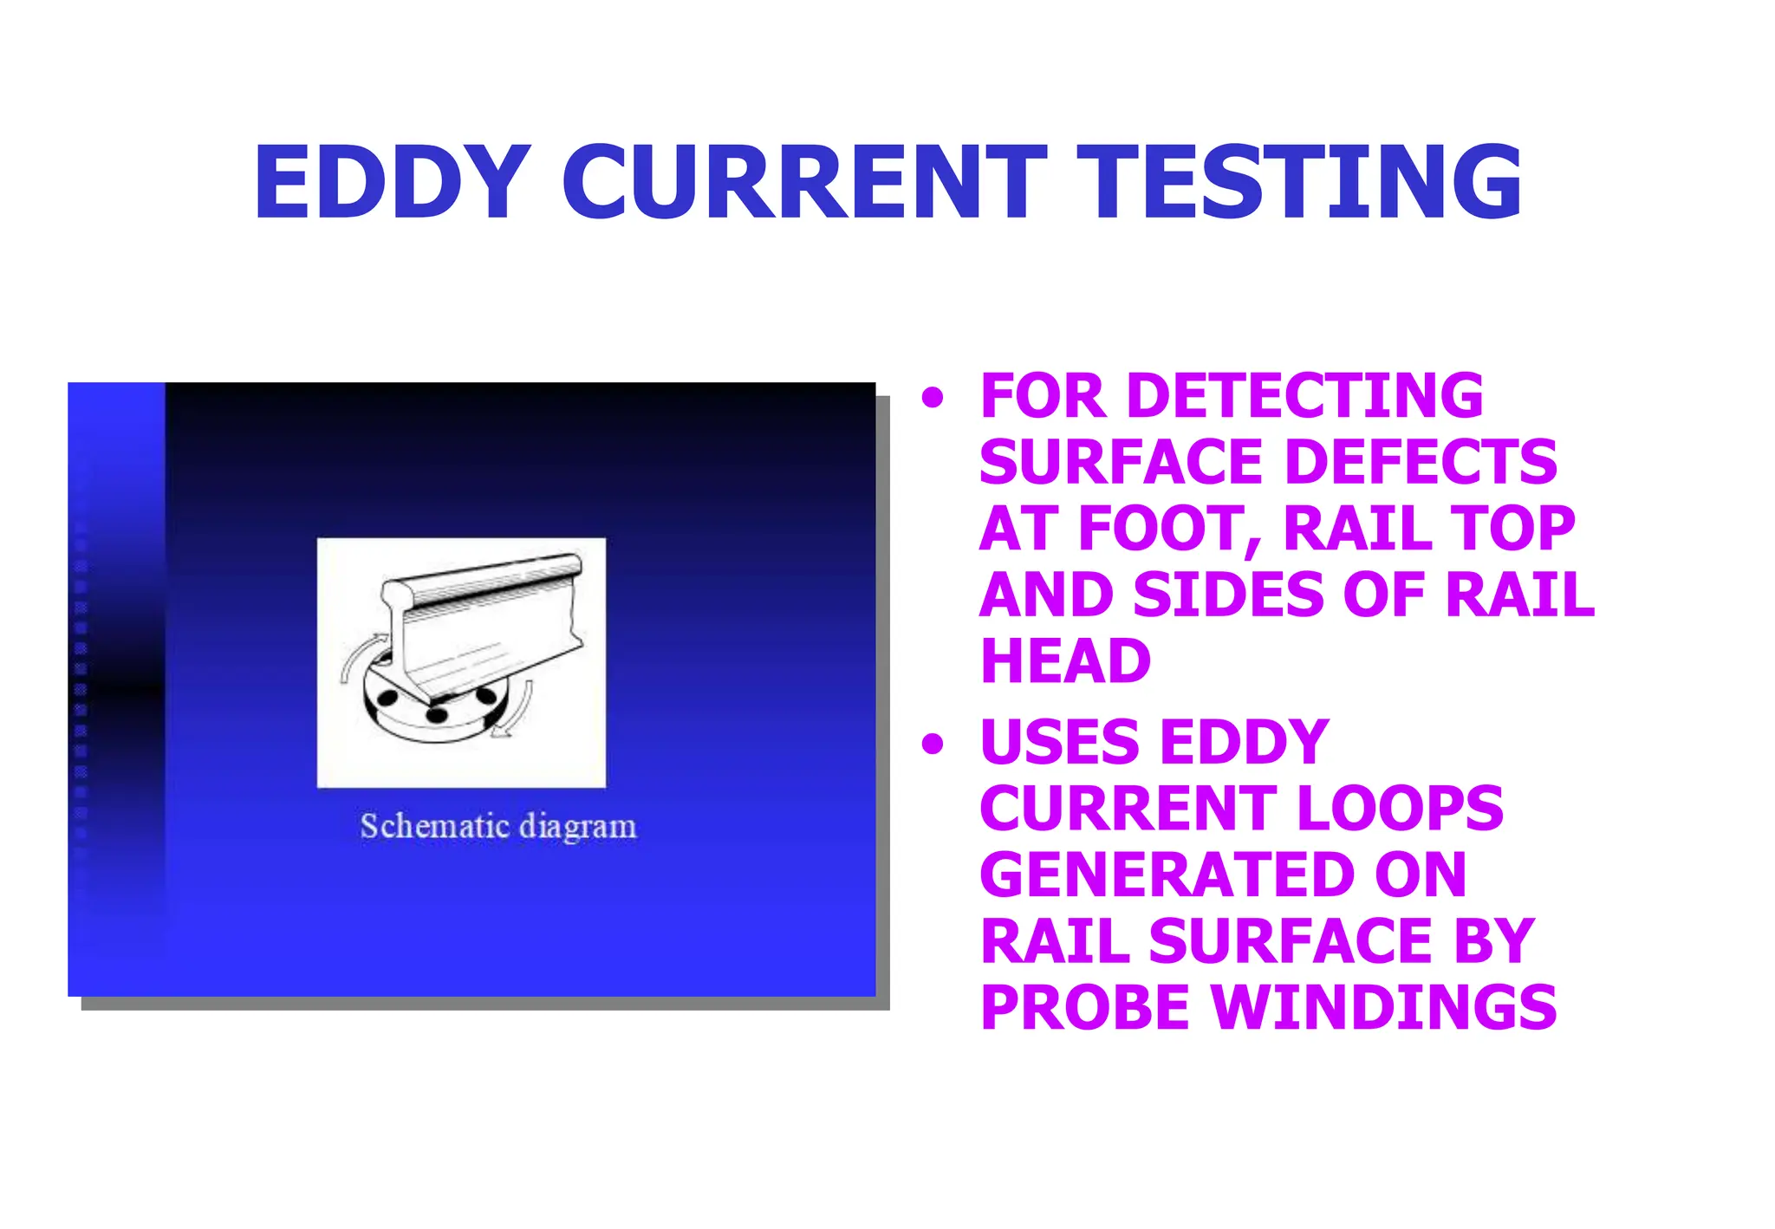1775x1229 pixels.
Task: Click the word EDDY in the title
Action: point(392,184)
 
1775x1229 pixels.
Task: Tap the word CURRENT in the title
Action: point(804,184)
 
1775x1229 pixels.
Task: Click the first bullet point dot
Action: point(933,399)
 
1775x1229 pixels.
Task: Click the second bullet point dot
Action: point(933,744)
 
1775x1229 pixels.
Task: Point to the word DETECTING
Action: point(1304,397)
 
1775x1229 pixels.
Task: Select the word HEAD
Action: point(1065,661)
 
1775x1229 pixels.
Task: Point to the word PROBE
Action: point(1087,1007)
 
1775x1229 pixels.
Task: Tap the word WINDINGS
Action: point(1383,1007)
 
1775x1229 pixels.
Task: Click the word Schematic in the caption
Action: point(434,826)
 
